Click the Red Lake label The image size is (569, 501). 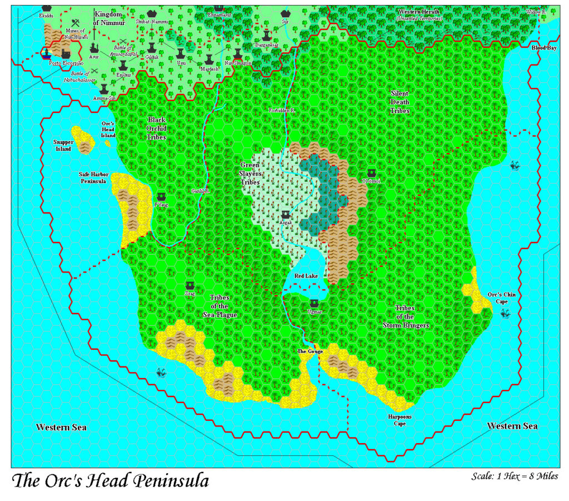tap(306, 276)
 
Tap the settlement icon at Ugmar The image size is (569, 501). tap(315, 304)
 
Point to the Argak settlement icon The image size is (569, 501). tap(286, 215)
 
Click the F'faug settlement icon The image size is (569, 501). tap(161, 197)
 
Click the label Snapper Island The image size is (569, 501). tap(63, 145)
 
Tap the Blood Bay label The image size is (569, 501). tap(544, 48)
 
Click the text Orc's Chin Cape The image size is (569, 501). tap(498, 298)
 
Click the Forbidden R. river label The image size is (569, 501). tap(282, 111)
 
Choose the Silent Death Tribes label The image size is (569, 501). tap(400, 102)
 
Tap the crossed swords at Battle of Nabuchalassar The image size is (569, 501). tap(95, 71)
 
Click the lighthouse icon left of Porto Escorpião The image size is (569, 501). tap(47, 53)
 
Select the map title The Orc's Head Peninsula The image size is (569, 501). tap(110, 480)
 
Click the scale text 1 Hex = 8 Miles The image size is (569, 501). tap(515, 477)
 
